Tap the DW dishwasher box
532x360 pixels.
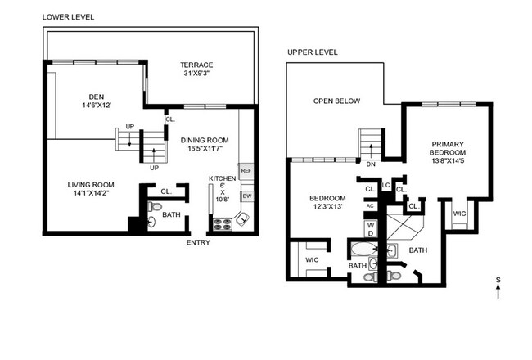(246, 196)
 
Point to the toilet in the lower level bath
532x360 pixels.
(152, 222)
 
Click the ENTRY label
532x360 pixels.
(198, 242)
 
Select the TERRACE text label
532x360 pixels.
(197, 65)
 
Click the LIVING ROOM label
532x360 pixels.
(90, 185)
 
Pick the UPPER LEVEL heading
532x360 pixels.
(313, 52)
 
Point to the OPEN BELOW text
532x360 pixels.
(336, 101)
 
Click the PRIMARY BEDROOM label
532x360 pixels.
(448, 152)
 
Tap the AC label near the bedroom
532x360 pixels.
(370, 206)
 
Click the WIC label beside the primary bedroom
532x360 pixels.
(460, 214)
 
